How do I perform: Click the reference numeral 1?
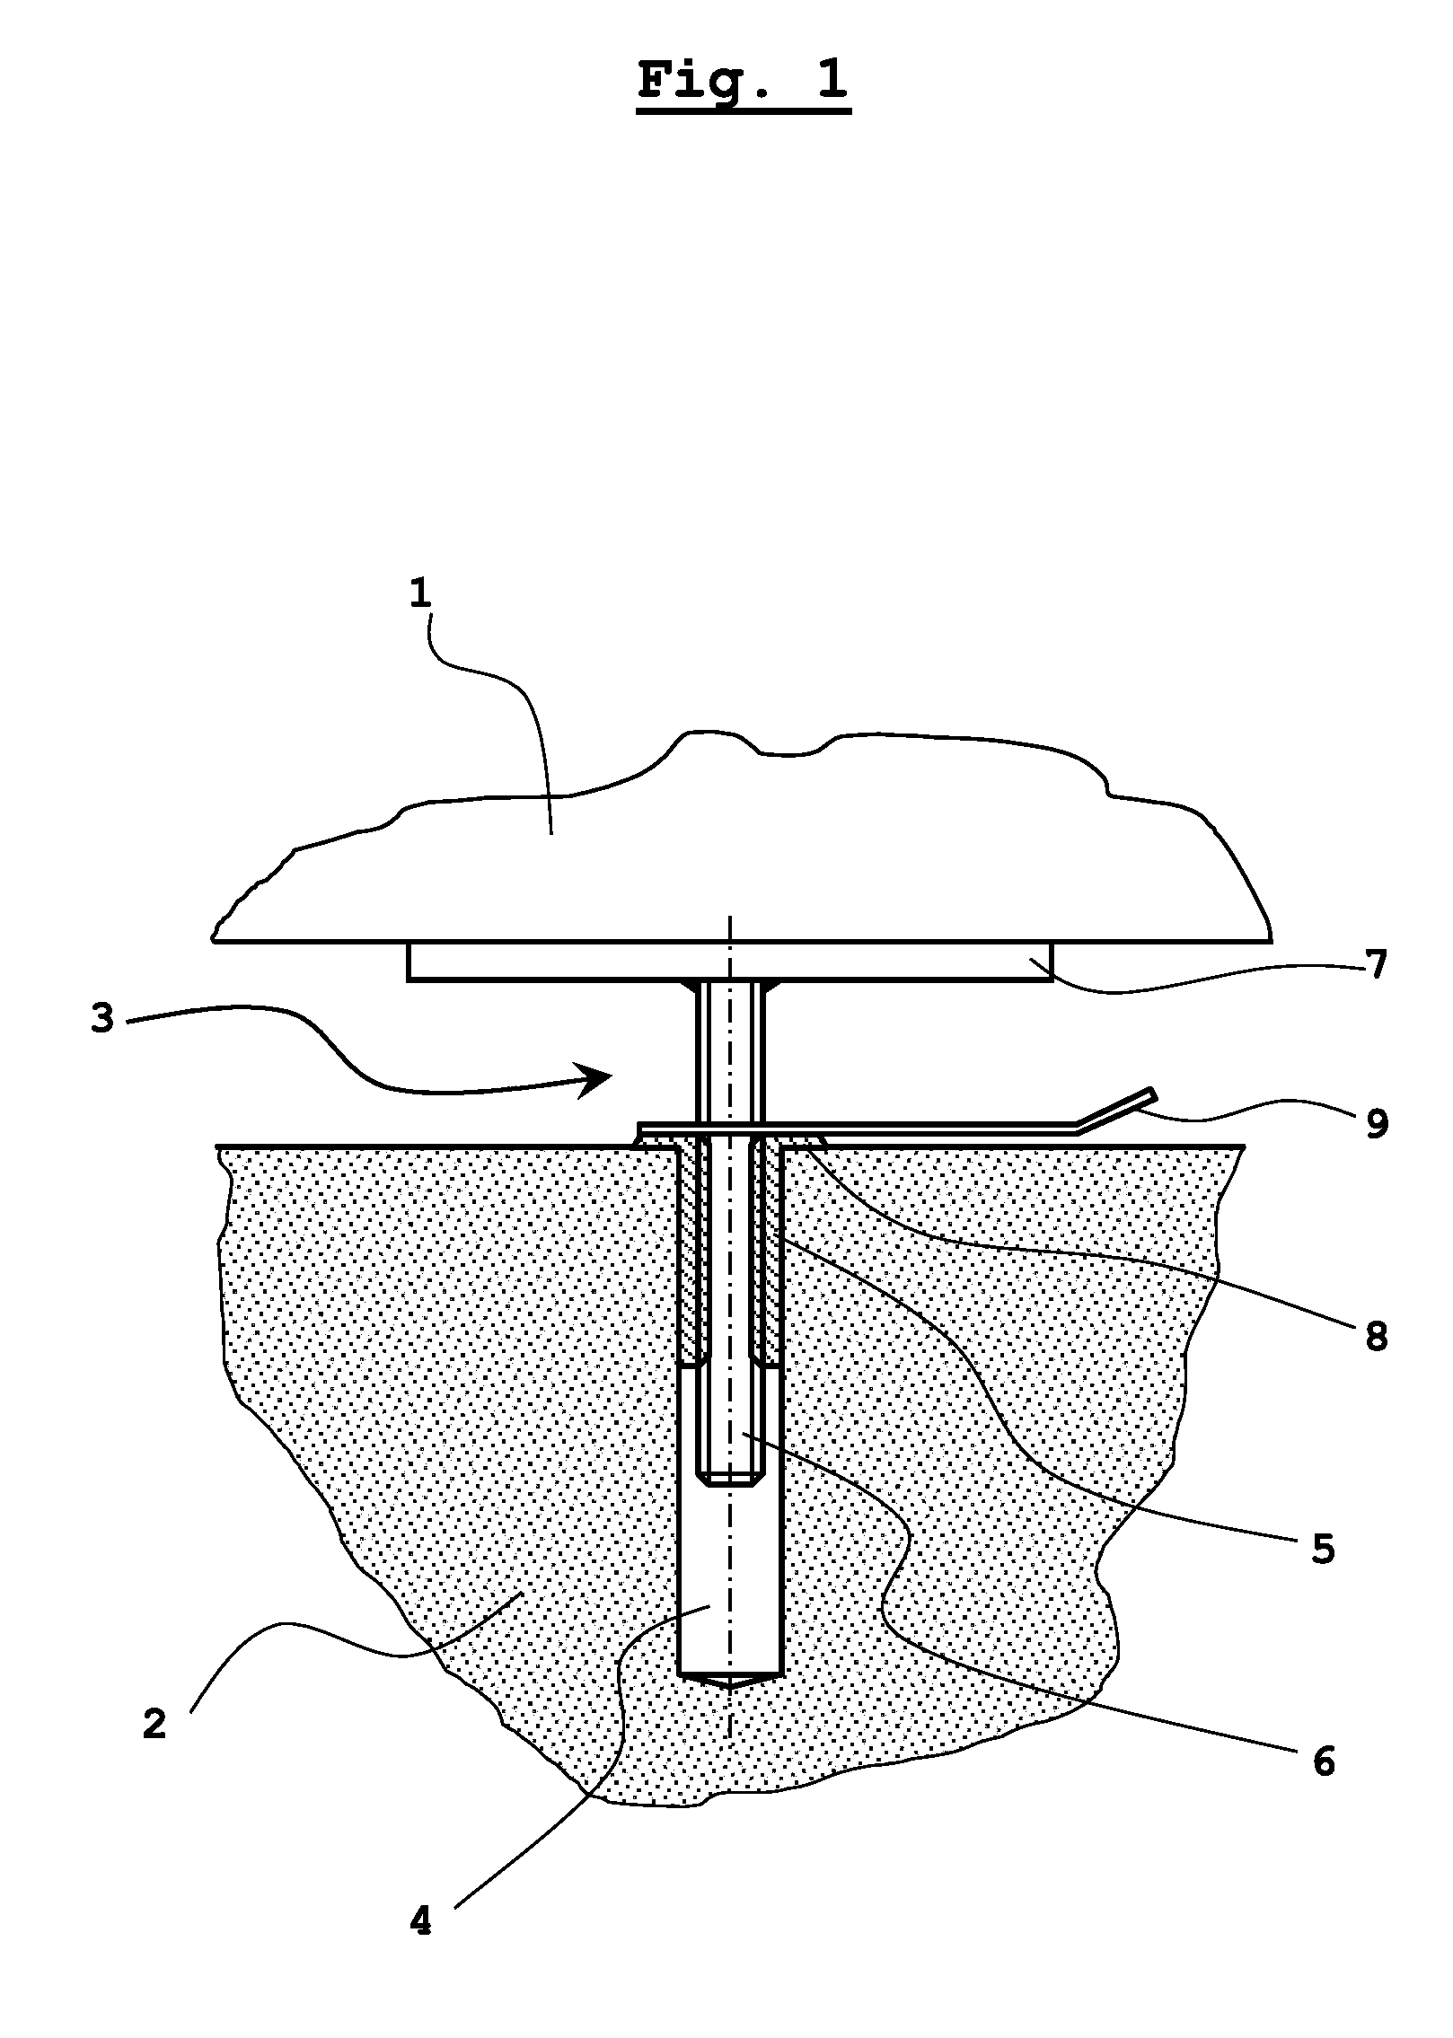tap(420, 594)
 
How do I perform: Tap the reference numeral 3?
tap(102, 1019)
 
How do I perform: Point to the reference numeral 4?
tap(420, 1922)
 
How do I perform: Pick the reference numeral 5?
tap(1323, 1549)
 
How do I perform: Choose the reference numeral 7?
tap(1375, 965)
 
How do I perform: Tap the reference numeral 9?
tap(1377, 1123)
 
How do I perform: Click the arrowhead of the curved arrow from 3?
tap(594, 1079)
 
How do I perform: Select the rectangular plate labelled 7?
tap(730, 962)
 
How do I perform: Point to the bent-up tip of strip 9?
tap(1149, 1094)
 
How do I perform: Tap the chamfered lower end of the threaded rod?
tap(730, 1479)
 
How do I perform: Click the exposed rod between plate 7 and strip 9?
tap(730, 1050)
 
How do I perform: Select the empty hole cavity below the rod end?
tap(730, 1580)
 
